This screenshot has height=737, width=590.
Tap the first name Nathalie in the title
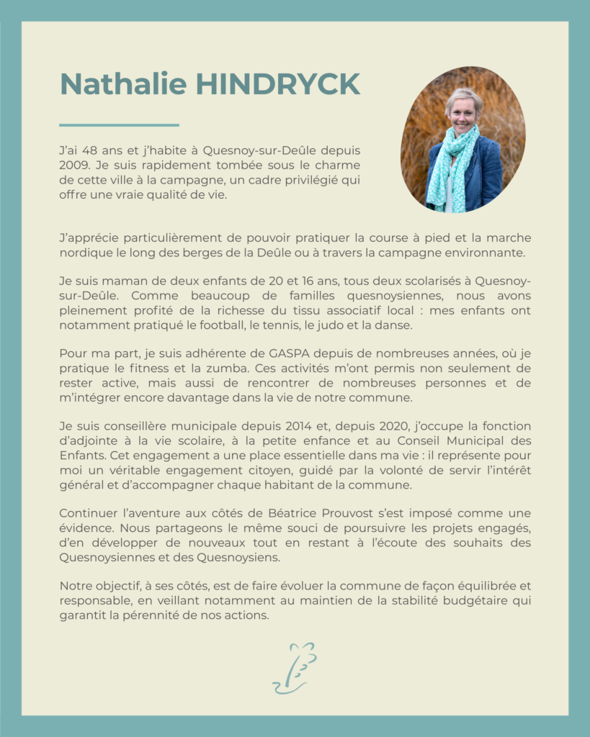(x=123, y=85)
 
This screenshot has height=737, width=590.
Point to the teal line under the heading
(x=119, y=125)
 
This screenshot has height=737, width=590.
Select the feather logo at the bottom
(x=295, y=668)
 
